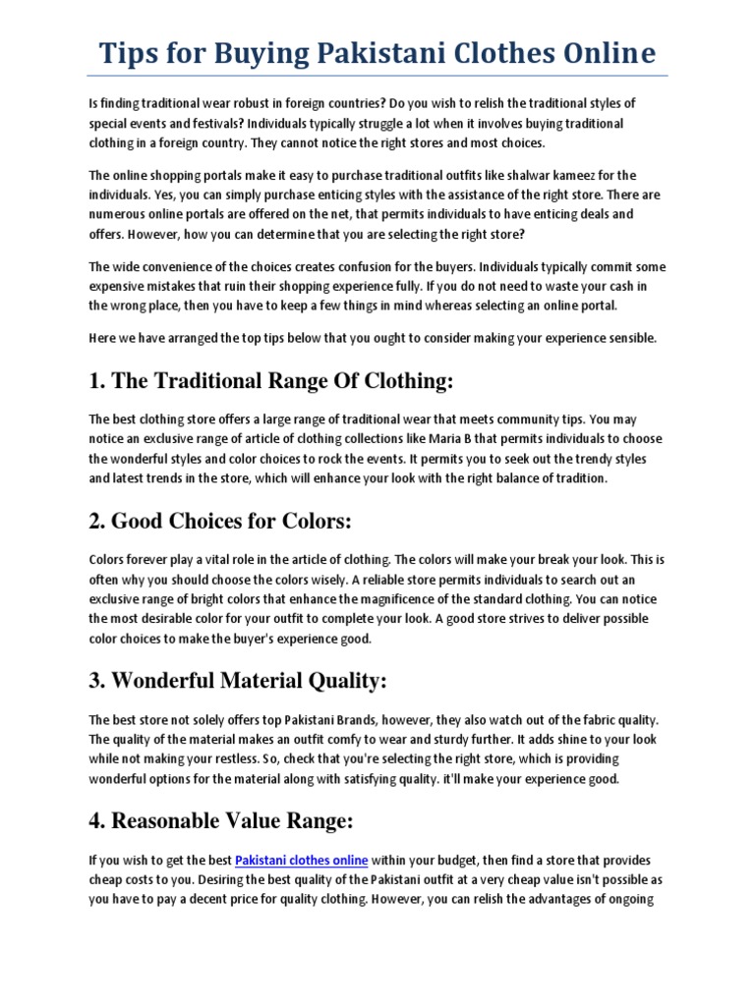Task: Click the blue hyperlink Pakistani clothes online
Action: (x=302, y=860)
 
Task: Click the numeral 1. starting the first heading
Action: (x=97, y=381)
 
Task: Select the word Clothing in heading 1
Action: (x=397, y=381)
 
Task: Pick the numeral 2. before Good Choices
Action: (x=97, y=521)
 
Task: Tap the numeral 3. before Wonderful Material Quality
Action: (x=97, y=680)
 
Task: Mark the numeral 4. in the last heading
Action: (x=97, y=820)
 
